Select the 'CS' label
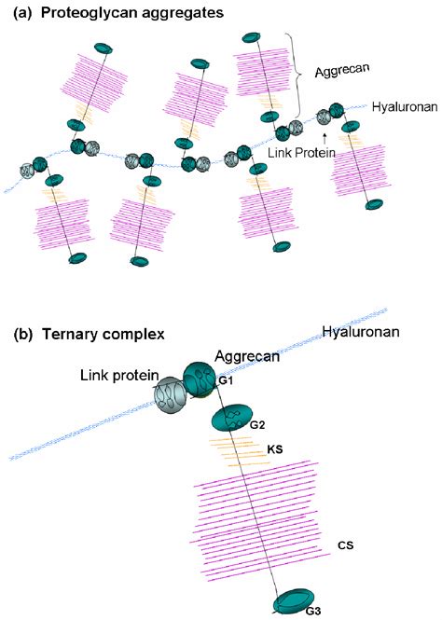[x=346, y=544]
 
